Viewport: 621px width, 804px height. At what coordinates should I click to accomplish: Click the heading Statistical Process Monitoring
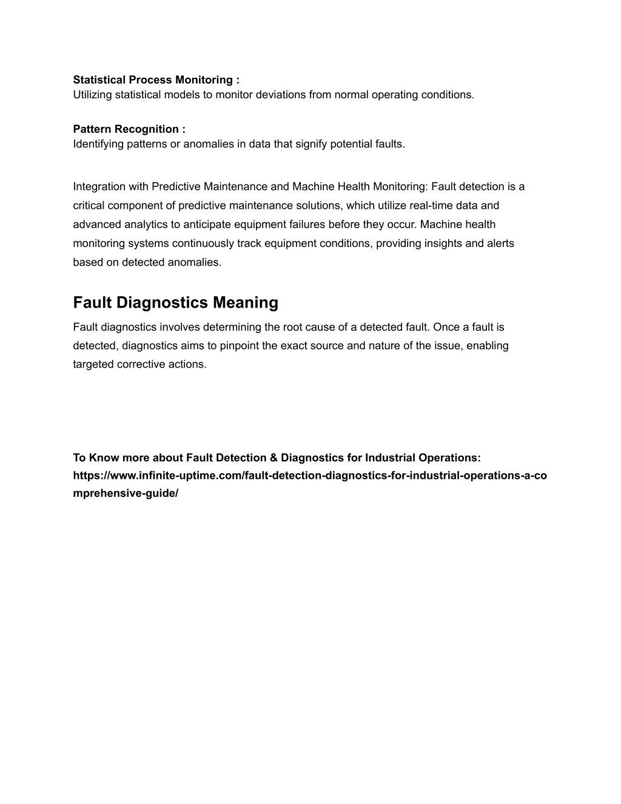(156, 80)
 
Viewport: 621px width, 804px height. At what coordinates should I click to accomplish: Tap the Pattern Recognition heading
(129, 129)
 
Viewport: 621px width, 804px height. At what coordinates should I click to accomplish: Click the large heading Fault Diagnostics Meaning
(175, 302)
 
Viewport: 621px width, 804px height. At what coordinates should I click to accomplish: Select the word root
(292, 327)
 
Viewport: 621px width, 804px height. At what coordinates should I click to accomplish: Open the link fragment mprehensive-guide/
(126, 493)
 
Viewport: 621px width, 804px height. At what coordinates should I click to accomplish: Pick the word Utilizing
(92, 95)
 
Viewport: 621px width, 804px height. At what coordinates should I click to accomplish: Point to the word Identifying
(98, 144)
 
